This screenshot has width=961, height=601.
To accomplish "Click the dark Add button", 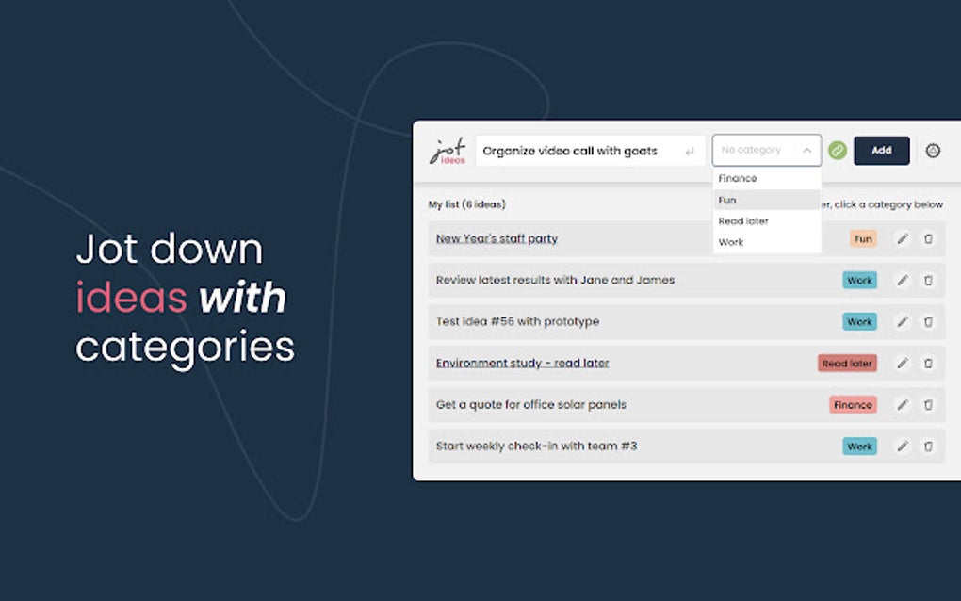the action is tap(881, 151).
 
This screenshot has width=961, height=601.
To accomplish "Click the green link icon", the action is tap(838, 151).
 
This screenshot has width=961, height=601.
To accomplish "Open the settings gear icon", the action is tap(933, 151).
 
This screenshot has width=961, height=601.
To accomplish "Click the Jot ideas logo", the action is tap(448, 152).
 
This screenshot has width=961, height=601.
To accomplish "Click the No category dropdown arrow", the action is tap(806, 151).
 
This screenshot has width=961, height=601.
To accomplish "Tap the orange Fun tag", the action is tap(863, 239).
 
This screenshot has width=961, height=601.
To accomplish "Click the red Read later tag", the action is tap(847, 364).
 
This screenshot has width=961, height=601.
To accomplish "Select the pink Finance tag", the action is tap(853, 405).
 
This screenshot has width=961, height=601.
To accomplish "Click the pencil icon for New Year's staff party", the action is tap(903, 239).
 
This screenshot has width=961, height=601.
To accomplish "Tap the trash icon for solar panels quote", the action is tap(929, 405).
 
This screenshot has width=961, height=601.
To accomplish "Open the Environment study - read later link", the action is tap(522, 364).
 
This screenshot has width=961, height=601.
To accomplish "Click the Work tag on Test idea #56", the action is tap(859, 321).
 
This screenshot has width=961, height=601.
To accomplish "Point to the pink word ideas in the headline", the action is tap(131, 298).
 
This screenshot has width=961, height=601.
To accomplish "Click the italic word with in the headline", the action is tap(243, 298).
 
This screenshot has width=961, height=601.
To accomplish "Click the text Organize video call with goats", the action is tap(569, 151).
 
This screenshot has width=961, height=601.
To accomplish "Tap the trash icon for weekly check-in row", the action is tap(929, 447).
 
